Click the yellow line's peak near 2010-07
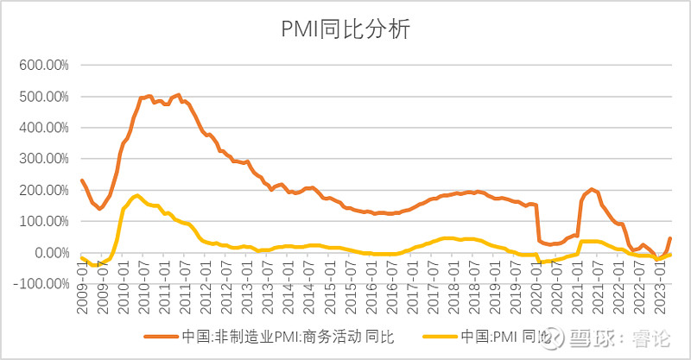[x=138, y=195]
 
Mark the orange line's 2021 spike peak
[x=592, y=189]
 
